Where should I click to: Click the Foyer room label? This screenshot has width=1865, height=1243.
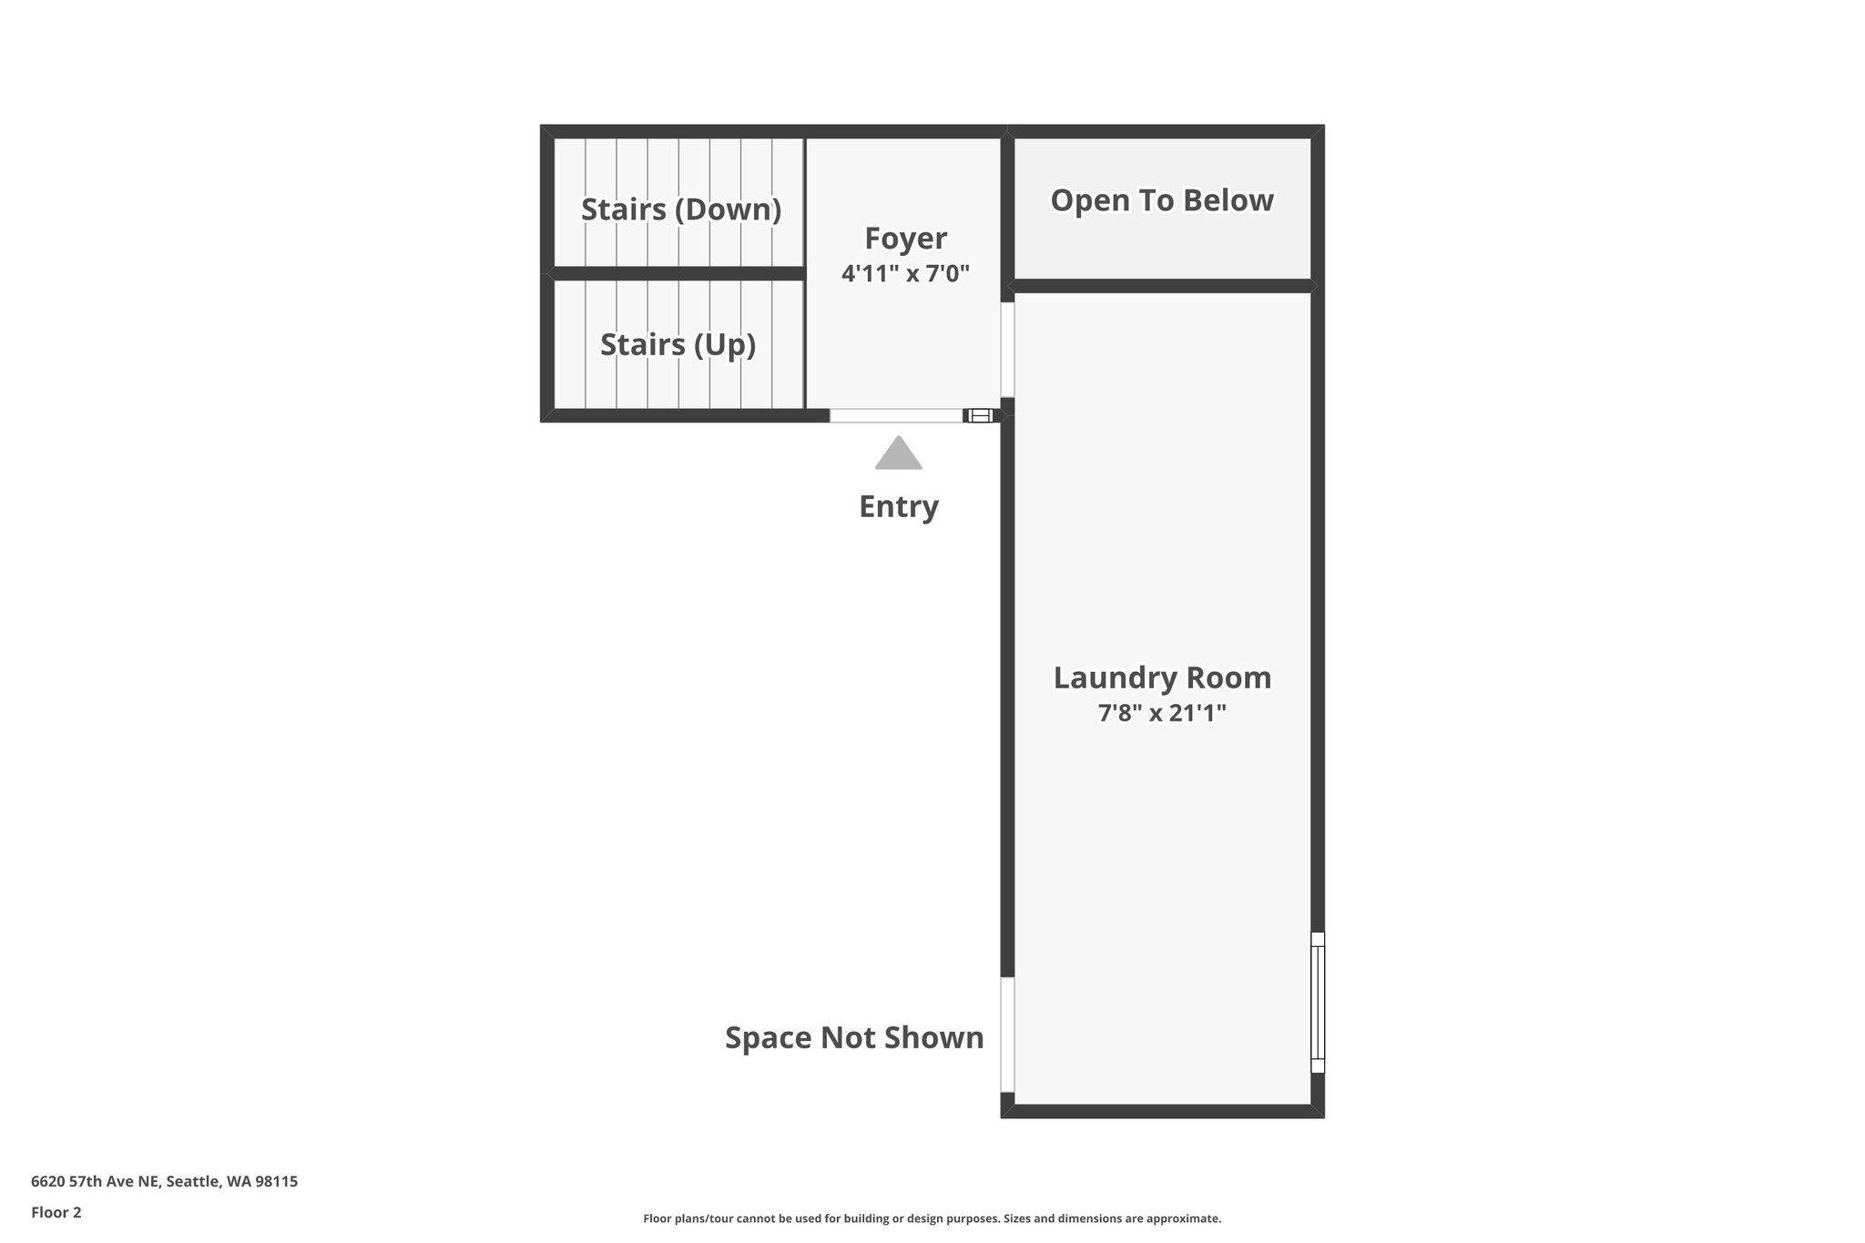pos(905,239)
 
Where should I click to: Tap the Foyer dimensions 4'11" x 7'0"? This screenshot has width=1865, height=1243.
pos(905,273)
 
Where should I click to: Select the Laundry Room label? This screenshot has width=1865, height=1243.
pos(1162,678)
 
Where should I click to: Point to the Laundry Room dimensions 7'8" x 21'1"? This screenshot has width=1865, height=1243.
pos(1162,713)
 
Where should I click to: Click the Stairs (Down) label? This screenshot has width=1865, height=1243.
pos(681,209)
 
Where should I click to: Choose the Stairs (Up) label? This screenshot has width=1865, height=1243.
pos(678,345)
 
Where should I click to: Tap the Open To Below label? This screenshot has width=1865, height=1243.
pos(1162,200)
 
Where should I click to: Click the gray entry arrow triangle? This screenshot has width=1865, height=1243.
pos(899,454)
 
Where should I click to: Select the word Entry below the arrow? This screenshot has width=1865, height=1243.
pos(899,506)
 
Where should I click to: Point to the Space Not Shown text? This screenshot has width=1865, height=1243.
pos(854,1037)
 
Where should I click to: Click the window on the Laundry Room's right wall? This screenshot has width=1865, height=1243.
pos(1317,1002)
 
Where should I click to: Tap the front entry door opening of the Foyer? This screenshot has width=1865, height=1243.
pos(896,416)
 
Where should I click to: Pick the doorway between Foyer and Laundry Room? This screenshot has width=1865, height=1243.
pos(1007,350)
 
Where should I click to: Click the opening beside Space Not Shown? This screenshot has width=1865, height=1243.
pos(1007,1034)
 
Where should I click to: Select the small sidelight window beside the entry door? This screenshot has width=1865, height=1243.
pos(980,416)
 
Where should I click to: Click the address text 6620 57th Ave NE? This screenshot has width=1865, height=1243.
pos(164,1182)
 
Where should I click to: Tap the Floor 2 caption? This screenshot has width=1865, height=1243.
pos(56,1213)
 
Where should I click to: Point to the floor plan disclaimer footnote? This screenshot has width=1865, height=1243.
pos(932,1218)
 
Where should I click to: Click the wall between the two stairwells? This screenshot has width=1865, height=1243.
pos(678,273)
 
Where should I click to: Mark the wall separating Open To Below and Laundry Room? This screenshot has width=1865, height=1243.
pos(1162,286)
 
